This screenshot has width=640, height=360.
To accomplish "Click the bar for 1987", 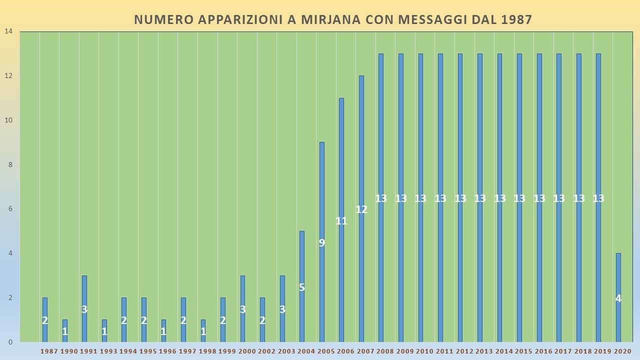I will [45, 320].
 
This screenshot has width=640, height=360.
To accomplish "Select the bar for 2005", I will [322, 242].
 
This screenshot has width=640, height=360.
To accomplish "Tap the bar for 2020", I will [618, 297].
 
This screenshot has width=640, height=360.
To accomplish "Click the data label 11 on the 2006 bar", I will [341, 221].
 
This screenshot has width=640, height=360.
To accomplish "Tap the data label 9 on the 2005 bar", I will [322, 243].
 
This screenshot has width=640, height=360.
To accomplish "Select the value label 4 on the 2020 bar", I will [618, 298].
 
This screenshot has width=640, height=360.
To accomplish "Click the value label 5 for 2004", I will [302, 287].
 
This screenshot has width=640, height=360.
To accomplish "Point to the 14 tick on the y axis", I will [8, 31].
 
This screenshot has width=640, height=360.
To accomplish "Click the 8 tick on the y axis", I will [10, 164].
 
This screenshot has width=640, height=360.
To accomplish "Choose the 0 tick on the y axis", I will [10, 342].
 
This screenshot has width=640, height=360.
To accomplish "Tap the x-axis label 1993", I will [108, 351].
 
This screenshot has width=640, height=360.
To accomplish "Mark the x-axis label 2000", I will [247, 351].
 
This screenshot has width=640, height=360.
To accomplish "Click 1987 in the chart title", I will [515, 19].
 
